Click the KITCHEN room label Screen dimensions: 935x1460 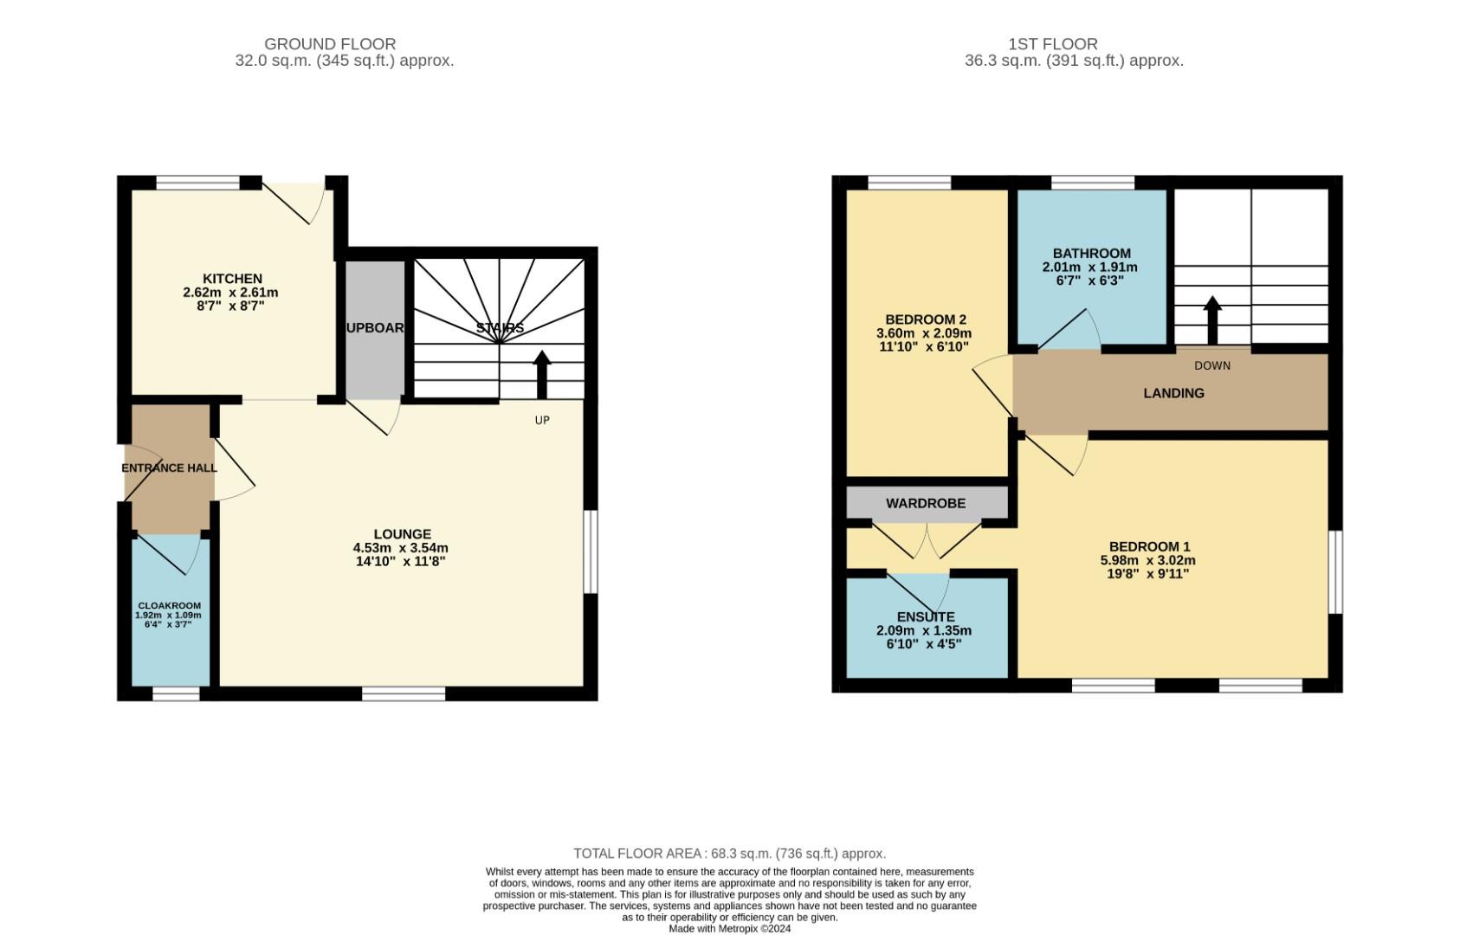coord(232,279)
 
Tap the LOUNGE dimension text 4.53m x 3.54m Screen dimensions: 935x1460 coord(400,548)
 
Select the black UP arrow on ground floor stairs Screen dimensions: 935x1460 coord(542,374)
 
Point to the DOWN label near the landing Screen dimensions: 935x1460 coord(1211,365)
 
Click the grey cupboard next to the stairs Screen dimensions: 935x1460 coord(375,329)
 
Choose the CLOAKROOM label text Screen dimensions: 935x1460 coord(170,606)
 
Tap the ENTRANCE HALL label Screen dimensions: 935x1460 coord(169,468)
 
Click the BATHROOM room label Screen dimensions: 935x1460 coord(1091,254)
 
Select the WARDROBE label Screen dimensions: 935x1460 coord(925,503)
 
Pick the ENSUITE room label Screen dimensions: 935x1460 coord(925,617)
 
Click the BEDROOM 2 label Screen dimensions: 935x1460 coord(925,319)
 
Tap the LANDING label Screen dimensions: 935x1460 coord(1173,393)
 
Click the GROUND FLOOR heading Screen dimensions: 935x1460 coord(330,44)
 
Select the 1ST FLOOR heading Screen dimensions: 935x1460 coord(1052,44)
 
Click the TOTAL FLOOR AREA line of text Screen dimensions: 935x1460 coord(729,854)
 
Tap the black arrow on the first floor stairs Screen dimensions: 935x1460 coord(1212,320)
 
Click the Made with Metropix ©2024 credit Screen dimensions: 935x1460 coord(729,928)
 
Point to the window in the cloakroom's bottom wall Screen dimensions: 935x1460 coord(176,693)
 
